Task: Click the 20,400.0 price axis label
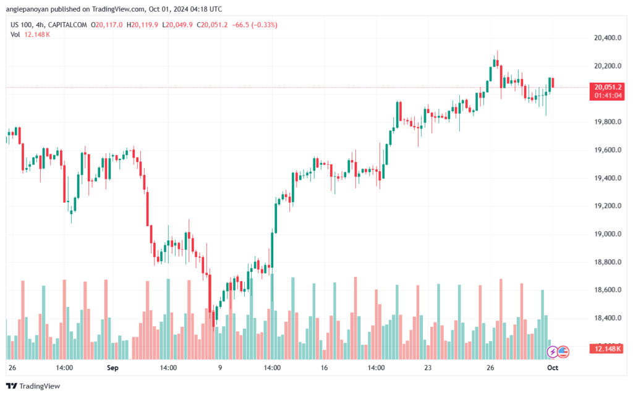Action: pyautogui.click(x=608, y=38)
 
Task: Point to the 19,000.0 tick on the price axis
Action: pyautogui.click(x=608, y=234)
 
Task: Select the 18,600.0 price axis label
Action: pyautogui.click(x=608, y=290)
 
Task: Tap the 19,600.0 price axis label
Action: pyautogui.click(x=608, y=150)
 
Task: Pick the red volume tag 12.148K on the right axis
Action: pyautogui.click(x=607, y=349)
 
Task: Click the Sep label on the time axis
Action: pyautogui.click(x=113, y=368)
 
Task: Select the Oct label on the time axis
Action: pyautogui.click(x=553, y=368)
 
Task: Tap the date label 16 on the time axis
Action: pyautogui.click(x=324, y=368)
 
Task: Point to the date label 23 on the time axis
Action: pyautogui.click(x=428, y=368)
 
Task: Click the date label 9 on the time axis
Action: pyautogui.click(x=220, y=368)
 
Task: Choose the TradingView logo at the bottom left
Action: pyautogui.click(x=33, y=386)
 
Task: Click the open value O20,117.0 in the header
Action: pyautogui.click(x=106, y=25)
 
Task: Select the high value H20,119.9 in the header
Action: pyautogui.click(x=142, y=25)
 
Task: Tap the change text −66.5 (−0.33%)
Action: pyautogui.click(x=255, y=25)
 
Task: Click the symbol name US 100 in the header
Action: pyautogui.click(x=21, y=25)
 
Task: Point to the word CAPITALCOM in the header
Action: pyautogui.click(x=67, y=25)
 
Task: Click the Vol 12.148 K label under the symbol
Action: pyautogui.click(x=30, y=35)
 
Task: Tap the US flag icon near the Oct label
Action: pyautogui.click(x=563, y=352)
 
